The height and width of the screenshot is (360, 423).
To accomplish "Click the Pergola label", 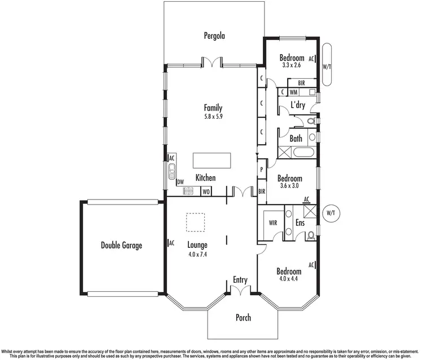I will (x=214, y=36).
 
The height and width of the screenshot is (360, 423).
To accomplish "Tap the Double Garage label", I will (x=121, y=245).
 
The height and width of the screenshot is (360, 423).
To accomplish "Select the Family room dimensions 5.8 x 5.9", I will (x=213, y=118).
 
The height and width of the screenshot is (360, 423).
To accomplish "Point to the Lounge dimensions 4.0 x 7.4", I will (x=198, y=255).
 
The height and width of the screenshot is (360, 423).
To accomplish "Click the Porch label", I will (x=243, y=318).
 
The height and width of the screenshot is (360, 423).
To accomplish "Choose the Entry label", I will (x=240, y=280).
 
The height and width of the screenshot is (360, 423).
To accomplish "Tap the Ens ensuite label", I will (x=300, y=223).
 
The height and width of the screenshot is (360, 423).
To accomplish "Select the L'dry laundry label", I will (x=298, y=105).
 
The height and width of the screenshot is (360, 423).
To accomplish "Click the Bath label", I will (x=296, y=138).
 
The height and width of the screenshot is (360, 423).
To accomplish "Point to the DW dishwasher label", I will (x=180, y=181).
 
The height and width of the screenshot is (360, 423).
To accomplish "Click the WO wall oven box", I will (x=206, y=192).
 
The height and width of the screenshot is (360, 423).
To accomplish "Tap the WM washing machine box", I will (x=294, y=91).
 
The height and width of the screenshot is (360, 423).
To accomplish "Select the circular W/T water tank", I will (x=330, y=213).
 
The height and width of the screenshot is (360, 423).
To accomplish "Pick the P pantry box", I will (x=262, y=168).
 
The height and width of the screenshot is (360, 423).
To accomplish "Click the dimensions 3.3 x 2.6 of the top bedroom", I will (x=292, y=65).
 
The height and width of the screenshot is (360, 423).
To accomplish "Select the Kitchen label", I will (x=205, y=178).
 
